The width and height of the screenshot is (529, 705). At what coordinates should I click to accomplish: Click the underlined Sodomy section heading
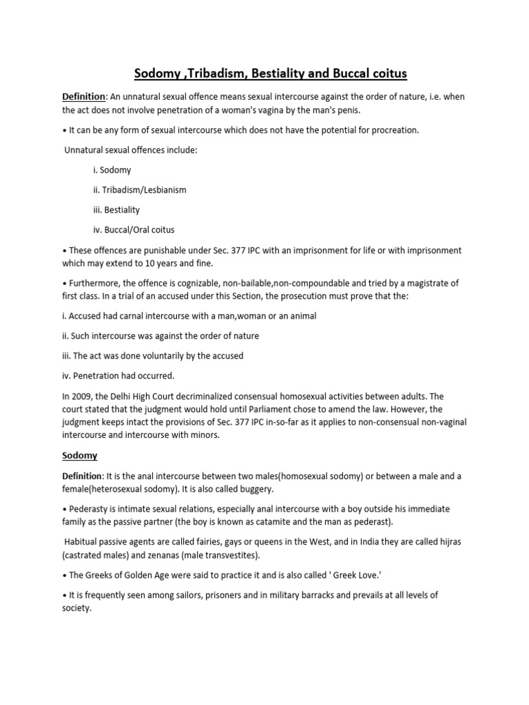(80, 455)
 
